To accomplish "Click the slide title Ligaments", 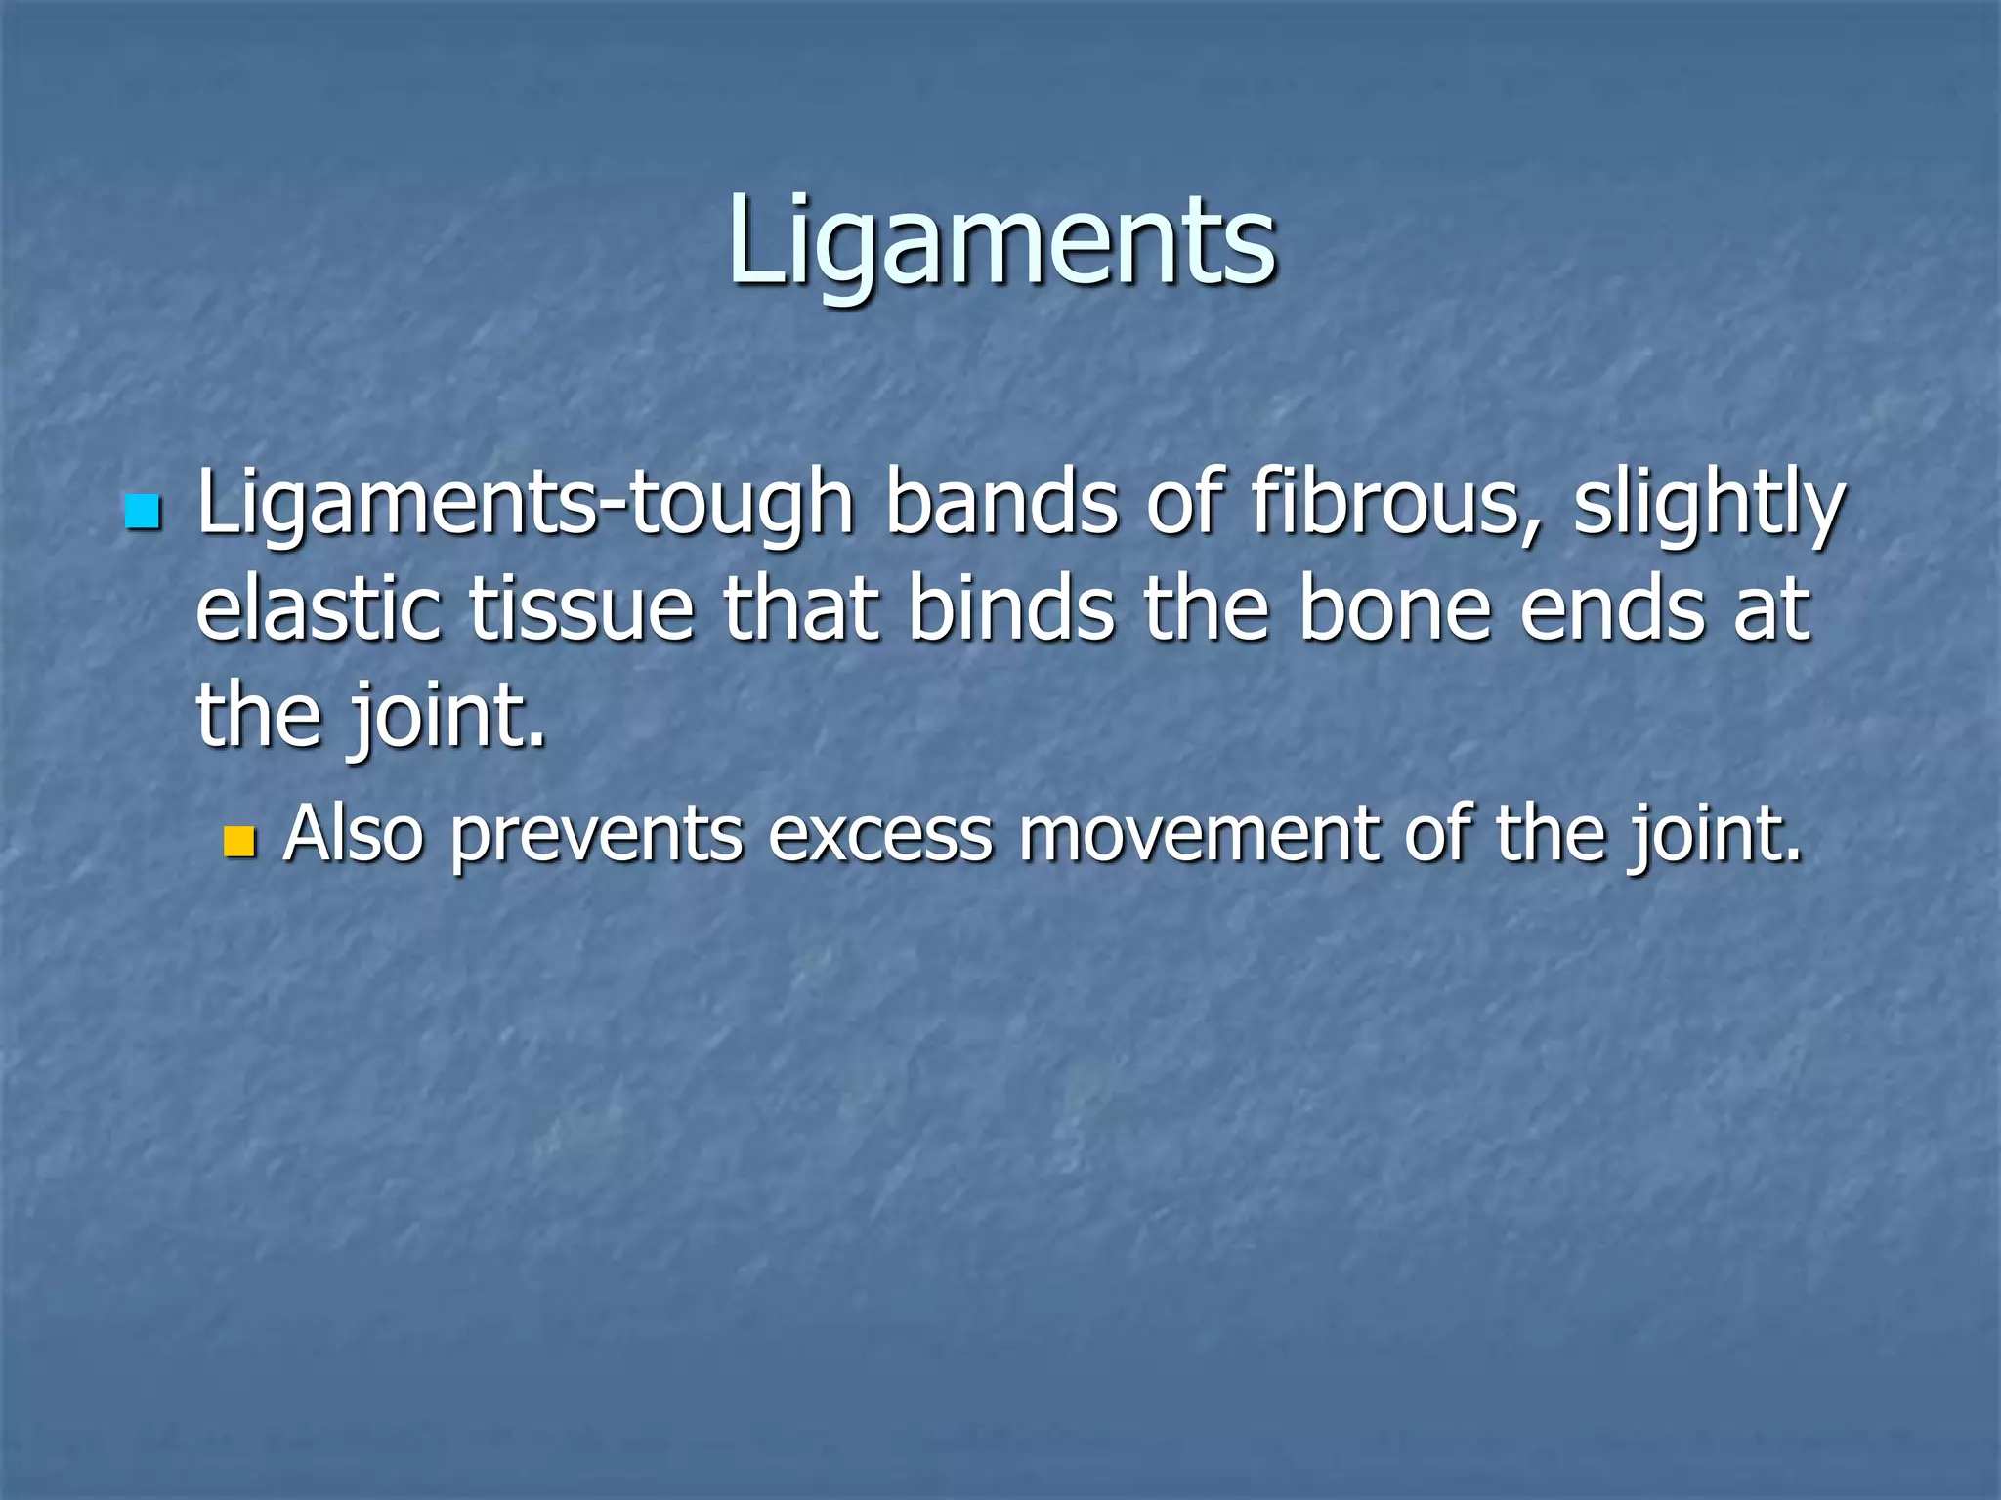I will click(1001, 242).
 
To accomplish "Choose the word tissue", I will click(581, 609).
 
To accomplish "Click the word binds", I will click(1011, 609).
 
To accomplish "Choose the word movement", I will click(1198, 835).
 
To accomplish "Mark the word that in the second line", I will click(800, 609).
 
